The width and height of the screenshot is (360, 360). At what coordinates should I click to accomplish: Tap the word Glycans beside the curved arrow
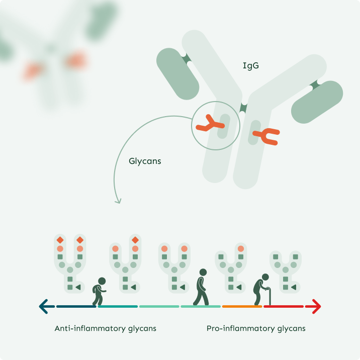(145, 162)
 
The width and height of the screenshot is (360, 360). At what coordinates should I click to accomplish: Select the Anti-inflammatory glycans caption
(106, 329)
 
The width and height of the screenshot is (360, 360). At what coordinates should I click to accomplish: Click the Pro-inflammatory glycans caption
(256, 329)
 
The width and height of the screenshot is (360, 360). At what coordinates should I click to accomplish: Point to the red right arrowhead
(316, 306)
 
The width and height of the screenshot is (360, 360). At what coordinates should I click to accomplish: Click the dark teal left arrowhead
(44, 306)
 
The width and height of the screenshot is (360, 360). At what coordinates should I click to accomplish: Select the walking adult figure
(202, 288)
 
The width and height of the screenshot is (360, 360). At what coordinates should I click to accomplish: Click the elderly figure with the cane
(262, 290)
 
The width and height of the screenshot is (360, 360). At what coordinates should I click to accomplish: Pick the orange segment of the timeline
(242, 306)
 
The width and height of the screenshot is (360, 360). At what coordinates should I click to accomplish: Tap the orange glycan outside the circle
(267, 136)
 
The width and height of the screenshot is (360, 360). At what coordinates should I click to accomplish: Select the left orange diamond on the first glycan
(60, 239)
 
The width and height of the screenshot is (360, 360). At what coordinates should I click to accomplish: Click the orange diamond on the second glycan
(135, 239)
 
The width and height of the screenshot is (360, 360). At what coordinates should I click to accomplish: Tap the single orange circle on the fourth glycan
(241, 248)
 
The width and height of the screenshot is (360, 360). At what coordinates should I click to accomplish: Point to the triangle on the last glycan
(294, 287)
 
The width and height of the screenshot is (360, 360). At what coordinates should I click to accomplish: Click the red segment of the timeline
(284, 306)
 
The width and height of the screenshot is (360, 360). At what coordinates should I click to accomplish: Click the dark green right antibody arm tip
(317, 101)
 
